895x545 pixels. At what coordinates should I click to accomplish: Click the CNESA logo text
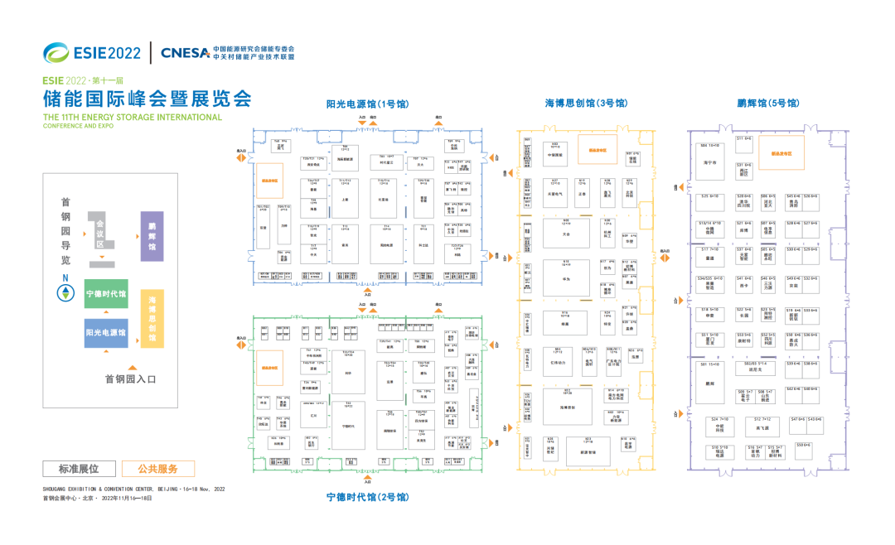(x=185, y=53)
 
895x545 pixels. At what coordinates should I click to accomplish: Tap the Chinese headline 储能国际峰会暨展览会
(x=147, y=99)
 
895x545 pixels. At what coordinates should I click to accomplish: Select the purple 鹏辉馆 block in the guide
(x=152, y=236)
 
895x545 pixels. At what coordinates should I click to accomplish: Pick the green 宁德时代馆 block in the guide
(x=106, y=293)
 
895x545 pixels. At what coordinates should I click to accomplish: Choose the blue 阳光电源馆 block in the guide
(x=106, y=332)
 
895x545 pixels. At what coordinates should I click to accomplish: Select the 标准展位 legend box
(x=78, y=469)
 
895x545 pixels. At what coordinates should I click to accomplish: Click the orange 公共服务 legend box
(x=157, y=469)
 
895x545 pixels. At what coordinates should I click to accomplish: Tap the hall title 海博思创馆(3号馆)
(x=585, y=104)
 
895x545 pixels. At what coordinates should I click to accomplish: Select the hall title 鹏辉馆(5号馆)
(x=767, y=104)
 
